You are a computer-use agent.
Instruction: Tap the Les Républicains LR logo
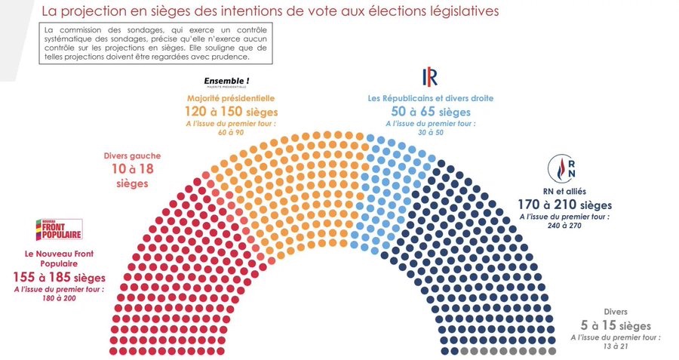[x=430, y=77]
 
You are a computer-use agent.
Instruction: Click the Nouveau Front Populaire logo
[x=60, y=229]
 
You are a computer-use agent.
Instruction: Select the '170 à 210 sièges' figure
[x=564, y=205]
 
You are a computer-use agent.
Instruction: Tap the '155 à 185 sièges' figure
[x=60, y=278]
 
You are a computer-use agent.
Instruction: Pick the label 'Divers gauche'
[x=133, y=156]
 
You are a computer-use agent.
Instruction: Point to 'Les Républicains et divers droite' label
[x=431, y=98]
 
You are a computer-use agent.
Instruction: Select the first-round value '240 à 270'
[x=564, y=226]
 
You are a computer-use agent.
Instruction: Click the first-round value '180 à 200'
[x=60, y=299]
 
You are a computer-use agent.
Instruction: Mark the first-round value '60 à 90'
[x=231, y=133]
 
